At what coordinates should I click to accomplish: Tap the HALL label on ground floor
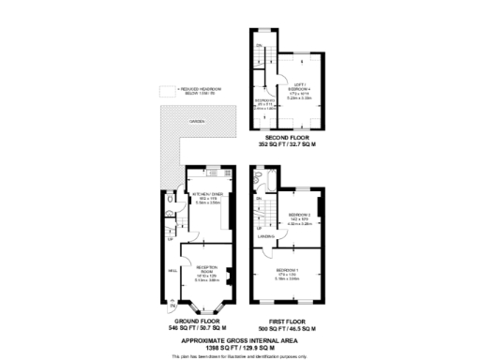pyautogui.click(x=172, y=270)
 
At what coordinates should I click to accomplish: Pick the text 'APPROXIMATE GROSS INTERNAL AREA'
pyautogui.click(x=240, y=339)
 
